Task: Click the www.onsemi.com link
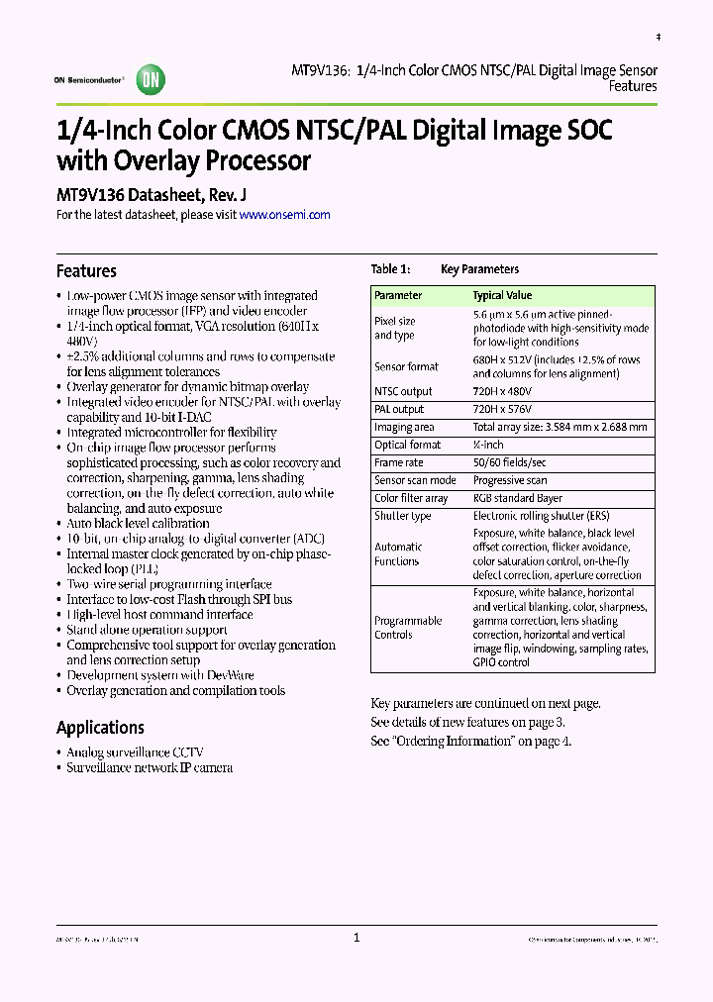click(284, 214)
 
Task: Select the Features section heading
click(86, 271)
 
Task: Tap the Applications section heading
click(100, 728)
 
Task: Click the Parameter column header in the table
click(398, 295)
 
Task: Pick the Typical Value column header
click(502, 295)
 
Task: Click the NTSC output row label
click(403, 391)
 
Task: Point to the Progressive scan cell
click(509, 480)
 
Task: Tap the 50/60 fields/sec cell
click(509, 462)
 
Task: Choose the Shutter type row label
click(402, 516)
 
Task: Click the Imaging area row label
click(404, 427)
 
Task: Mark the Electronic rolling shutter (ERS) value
click(543, 516)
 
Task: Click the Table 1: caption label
click(390, 269)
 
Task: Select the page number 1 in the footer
click(356, 938)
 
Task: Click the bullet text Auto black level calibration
click(138, 523)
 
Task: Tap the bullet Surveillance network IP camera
click(150, 767)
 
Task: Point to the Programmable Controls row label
click(408, 628)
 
